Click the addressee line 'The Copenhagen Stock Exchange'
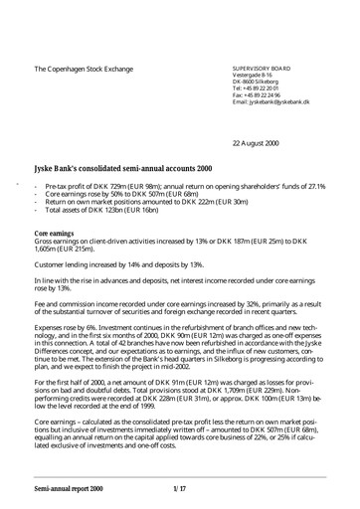[x=97, y=69]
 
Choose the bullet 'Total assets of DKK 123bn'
[x=109, y=213]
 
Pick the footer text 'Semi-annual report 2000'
[x=73, y=489]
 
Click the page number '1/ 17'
[x=180, y=489]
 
